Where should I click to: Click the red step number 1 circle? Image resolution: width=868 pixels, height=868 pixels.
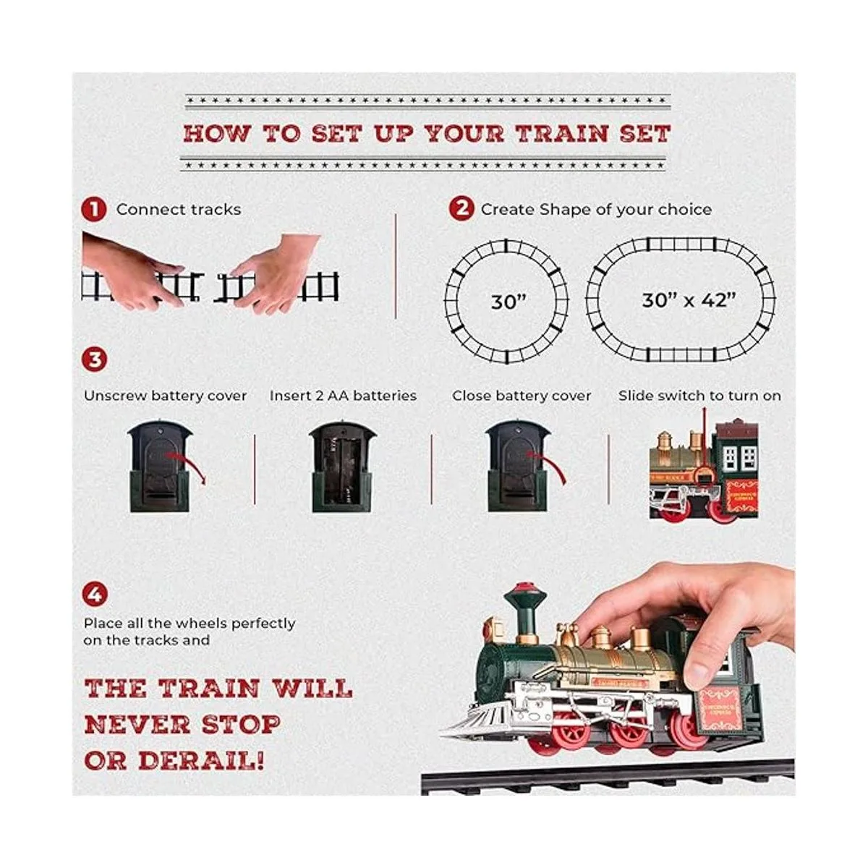click(93, 210)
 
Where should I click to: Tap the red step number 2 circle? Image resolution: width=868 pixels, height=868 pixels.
click(461, 209)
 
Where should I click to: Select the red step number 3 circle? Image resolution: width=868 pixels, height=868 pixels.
click(94, 359)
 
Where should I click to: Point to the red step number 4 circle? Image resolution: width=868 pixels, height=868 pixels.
click(94, 595)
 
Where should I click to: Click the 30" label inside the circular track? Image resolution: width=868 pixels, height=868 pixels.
click(508, 302)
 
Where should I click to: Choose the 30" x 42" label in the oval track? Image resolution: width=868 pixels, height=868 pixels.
click(688, 299)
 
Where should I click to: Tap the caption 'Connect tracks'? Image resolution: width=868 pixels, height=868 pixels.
click(178, 210)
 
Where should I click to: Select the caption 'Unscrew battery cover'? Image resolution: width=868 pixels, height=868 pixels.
click(165, 396)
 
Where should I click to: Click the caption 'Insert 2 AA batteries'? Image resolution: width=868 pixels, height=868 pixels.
click(343, 396)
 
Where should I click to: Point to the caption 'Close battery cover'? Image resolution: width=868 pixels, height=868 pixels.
click(522, 396)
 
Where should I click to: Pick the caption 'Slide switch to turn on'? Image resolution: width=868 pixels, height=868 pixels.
click(699, 396)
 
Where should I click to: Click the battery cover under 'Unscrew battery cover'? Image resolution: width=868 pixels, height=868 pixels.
click(160, 467)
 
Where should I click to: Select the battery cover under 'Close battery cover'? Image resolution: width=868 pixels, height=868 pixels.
click(518, 467)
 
